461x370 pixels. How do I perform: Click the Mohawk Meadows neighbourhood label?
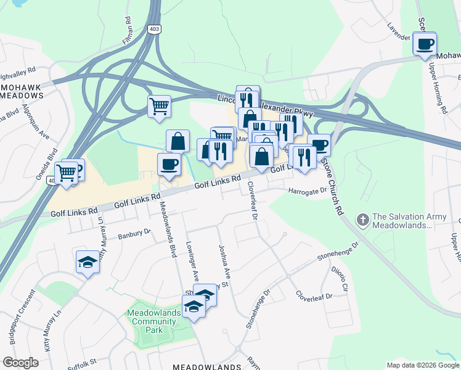coord(21,91)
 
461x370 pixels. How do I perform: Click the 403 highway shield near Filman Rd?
coord(153,29)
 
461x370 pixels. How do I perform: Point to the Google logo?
coord(20,363)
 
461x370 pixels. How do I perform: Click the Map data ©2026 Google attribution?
coord(423,365)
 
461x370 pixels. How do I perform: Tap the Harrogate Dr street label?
coord(307,191)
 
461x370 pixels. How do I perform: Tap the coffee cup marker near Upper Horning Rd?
coord(424,44)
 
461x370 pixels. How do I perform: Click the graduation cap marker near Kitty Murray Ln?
coord(88,263)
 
